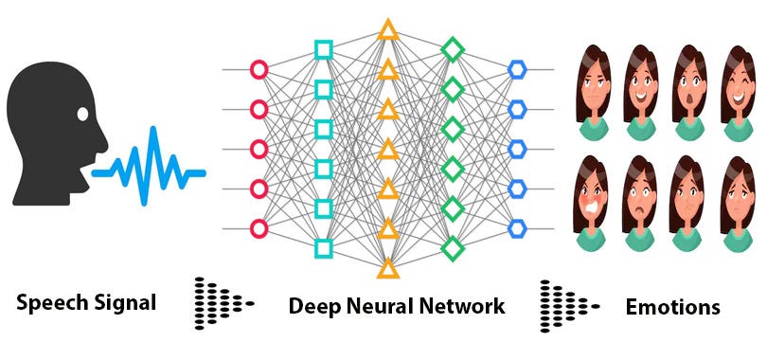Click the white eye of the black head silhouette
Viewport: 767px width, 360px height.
(82, 114)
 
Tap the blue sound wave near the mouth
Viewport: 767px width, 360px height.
(149, 166)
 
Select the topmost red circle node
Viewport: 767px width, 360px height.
(259, 69)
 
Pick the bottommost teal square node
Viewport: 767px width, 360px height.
(323, 248)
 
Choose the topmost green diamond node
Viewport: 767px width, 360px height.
(453, 49)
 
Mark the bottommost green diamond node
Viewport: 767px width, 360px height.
(453, 248)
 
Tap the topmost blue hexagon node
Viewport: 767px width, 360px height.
(517, 69)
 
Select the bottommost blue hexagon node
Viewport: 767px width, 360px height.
(517, 228)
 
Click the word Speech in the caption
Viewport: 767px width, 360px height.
(50, 303)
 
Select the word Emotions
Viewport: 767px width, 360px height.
(672, 308)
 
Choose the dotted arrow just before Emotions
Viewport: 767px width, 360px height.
(570, 306)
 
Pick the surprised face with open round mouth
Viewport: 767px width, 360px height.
(689, 93)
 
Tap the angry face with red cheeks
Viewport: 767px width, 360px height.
(591, 204)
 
